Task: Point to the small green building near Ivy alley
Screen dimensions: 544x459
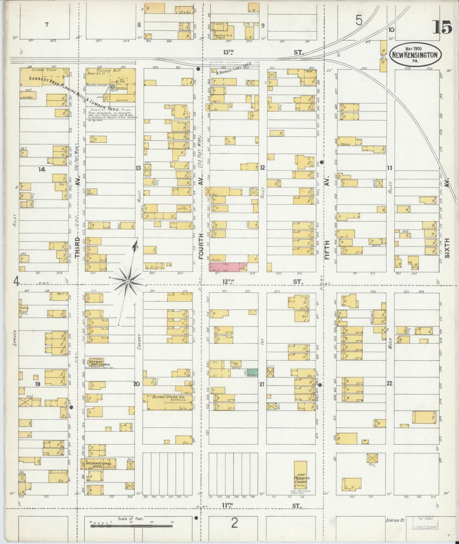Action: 252,373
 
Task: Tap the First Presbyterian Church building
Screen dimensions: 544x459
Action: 300,475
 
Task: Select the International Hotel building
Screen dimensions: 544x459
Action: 99,464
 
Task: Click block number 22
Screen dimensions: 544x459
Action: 389,383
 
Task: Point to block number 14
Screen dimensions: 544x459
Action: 42,169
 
